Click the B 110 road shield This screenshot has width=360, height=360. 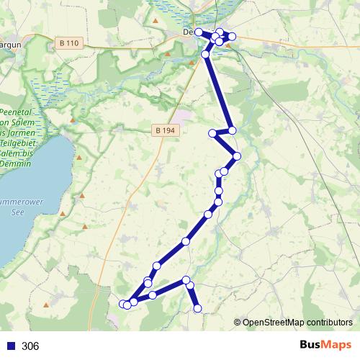(x=69, y=43)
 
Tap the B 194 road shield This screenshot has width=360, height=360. (x=164, y=130)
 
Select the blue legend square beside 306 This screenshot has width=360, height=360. (x=11, y=346)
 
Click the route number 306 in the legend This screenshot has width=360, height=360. (x=30, y=346)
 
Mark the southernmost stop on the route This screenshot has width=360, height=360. (x=198, y=309)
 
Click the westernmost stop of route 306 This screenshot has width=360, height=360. (x=122, y=305)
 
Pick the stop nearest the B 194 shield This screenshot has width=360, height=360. (x=213, y=133)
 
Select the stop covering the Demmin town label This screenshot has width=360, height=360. (x=199, y=32)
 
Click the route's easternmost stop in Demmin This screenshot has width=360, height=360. (x=232, y=36)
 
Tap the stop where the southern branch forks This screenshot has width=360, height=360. (x=186, y=279)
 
